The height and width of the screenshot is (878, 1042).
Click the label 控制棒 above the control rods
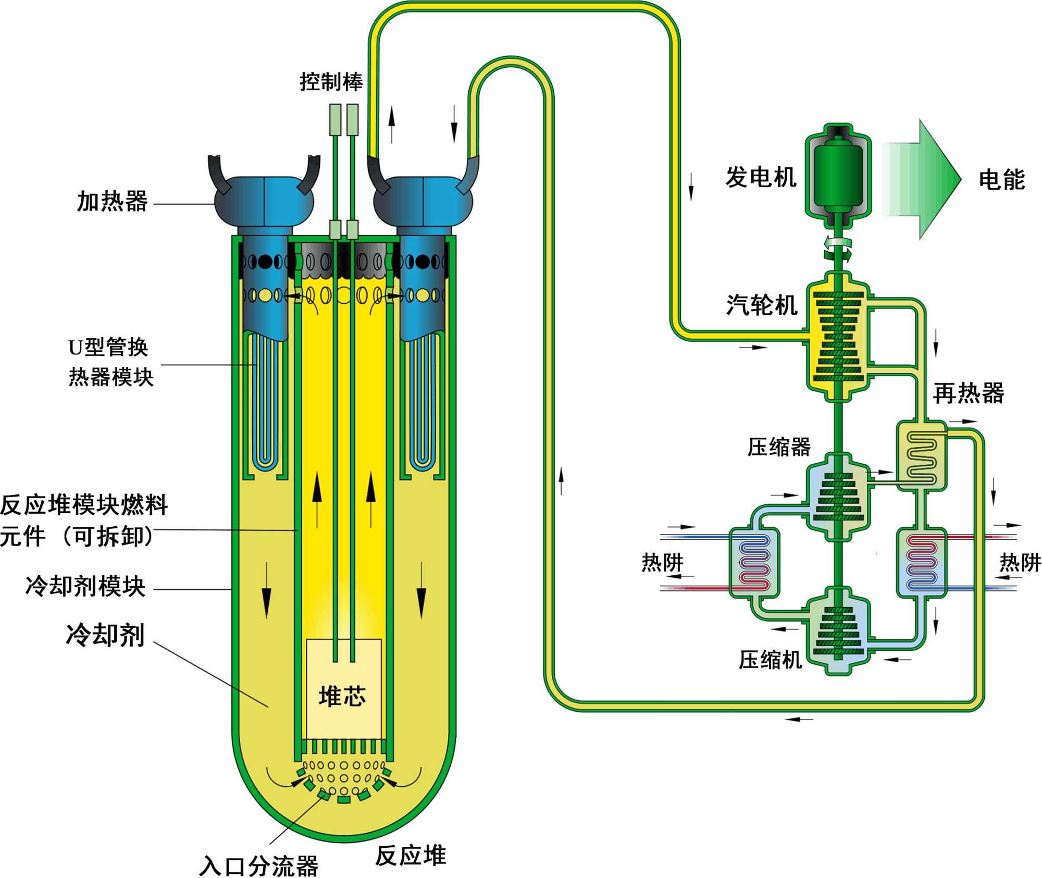(x=331, y=82)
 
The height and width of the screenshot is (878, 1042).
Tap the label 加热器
(x=112, y=201)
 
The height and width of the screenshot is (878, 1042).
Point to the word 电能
(x=1001, y=180)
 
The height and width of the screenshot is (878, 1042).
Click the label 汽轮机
(x=761, y=305)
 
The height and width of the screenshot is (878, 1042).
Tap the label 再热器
(x=968, y=393)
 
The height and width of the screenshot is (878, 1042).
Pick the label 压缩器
(x=779, y=447)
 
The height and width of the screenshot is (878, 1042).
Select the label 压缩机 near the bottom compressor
(x=770, y=660)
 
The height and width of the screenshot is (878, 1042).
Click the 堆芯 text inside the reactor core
(x=342, y=696)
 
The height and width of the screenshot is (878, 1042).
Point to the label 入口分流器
(x=258, y=866)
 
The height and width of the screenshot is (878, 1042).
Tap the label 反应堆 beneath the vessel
(x=411, y=856)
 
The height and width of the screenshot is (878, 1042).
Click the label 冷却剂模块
(x=85, y=586)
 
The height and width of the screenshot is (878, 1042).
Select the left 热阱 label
(x=662, y=563)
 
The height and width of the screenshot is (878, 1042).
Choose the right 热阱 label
(x=1020, y=563)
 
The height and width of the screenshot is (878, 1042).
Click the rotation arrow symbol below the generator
(x=838, y=249)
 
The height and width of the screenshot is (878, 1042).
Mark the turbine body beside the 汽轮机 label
(x=838, y=341)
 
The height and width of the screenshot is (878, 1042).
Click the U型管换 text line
(x=108, y=347)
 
